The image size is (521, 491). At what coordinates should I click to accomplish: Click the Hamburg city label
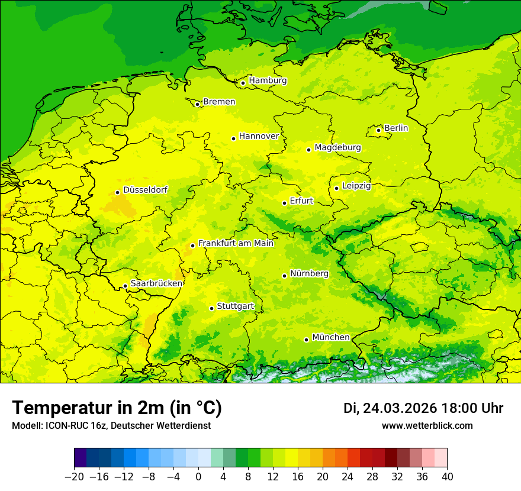(x=268, y=80)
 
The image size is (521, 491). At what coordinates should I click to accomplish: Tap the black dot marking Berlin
(x=379, y=130)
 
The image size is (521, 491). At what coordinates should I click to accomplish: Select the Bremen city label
(x=219, y=102)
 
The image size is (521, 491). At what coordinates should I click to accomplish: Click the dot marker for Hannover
(x=234, y=138)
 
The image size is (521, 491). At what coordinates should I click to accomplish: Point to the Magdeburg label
(x=337, y=147)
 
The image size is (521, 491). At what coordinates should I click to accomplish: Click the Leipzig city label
(x=356, y=186)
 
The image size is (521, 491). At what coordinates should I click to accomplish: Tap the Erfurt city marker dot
(x=285, y=203)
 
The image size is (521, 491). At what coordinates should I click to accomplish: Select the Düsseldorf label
(x=145, y=190)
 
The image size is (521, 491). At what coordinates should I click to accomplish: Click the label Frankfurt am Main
(x=236, y=243)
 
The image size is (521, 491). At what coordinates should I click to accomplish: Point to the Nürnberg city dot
(x=285, y=276)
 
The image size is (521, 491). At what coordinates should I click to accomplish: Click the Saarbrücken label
(x=156, y=283)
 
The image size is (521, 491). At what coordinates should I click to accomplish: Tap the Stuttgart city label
(x=235, y=306)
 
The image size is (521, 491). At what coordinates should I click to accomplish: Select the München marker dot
(x=306, y=340)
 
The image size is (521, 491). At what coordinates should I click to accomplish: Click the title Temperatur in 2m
(x=117, y=408)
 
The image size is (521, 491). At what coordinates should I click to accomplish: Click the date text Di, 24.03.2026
(x=390, y=408)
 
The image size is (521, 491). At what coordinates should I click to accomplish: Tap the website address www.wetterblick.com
(x=427, y=425)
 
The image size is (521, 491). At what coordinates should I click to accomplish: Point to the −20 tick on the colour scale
(x=74, y=477)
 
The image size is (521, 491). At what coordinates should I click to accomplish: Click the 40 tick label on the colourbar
(x=447, y=477)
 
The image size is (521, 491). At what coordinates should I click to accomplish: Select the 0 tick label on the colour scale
(x=198, y=477)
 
